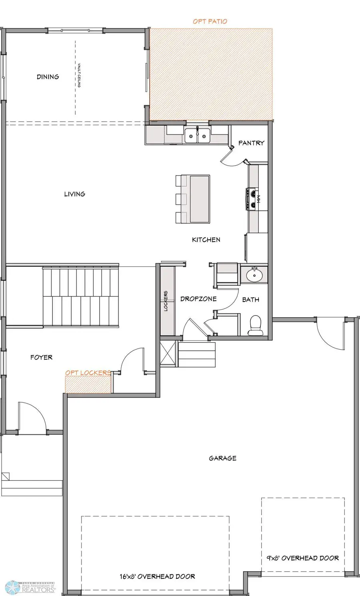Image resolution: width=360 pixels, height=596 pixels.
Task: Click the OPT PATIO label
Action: point(210,21)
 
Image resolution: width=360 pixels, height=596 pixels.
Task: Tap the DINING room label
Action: point(48,77)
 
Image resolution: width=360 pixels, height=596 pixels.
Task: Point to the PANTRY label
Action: point(251,143)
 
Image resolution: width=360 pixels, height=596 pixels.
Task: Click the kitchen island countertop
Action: point(199,198)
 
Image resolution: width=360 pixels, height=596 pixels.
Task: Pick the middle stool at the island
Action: point(181,199)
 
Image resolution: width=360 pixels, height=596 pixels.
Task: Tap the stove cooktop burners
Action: point(253,198)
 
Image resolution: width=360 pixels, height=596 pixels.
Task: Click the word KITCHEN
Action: point(206,240)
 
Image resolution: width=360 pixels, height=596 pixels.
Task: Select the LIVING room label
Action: point(74,194)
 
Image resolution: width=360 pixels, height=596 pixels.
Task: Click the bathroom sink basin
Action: point(253,275)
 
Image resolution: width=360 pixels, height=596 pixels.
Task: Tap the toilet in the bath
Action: point(254,325)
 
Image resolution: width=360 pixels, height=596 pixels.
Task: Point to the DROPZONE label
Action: point(198,299)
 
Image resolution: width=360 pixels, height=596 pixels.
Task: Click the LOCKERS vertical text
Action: point(166,301)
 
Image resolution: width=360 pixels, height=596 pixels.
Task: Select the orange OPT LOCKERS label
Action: point(88,373)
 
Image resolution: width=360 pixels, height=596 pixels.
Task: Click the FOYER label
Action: point(41,357)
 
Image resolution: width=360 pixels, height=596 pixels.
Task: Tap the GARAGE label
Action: point(222,458)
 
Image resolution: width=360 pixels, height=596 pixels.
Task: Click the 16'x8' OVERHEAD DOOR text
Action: point(157,576)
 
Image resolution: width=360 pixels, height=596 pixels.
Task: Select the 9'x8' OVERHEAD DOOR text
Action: point(303,558)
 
